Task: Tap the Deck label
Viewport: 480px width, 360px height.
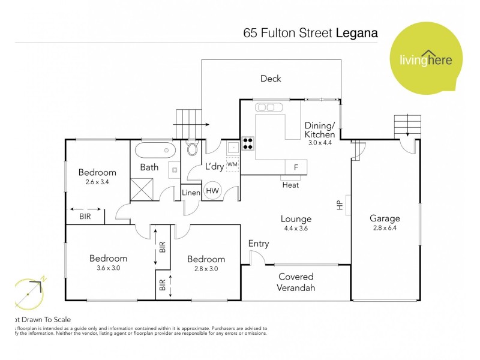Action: [x=271, y=79]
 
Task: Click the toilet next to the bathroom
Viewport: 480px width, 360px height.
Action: [x=193, y=149]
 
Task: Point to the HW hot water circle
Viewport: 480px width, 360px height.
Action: [x=212, y=190]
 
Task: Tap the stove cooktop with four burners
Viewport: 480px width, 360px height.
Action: [x=248, y=144]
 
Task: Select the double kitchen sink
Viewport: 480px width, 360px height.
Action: [x=266, y=107]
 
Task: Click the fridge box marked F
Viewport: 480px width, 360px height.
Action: [x=295, y=167]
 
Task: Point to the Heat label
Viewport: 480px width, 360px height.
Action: [x=290, y=185]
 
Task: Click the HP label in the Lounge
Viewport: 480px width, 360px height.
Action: [x=339, y=205]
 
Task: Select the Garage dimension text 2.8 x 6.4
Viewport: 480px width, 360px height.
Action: [x=385, y=228]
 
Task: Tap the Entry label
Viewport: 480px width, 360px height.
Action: [x=259, y=244]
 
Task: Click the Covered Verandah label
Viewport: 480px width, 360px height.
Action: [x=295, y=282]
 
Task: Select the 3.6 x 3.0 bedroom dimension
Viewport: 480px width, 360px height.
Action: [x=108, y=268]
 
